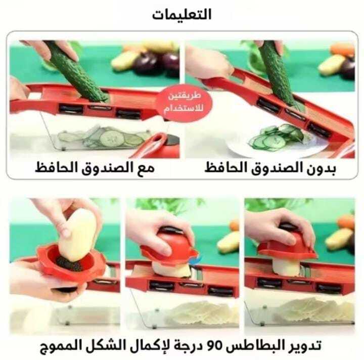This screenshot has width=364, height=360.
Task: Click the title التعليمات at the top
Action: [x=182, y=14]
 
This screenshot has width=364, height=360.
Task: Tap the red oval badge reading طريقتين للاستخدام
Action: [x=184, y=103]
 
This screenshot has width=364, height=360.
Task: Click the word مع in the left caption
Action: [x=146, y=168]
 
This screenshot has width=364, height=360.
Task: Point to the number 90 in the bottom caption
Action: [x=216, y=345]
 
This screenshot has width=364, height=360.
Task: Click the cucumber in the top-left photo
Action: [x=77, y=71]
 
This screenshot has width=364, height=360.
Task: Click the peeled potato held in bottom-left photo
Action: [x=77, y=235]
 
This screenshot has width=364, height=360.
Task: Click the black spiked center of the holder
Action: [x=70, y=264]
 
